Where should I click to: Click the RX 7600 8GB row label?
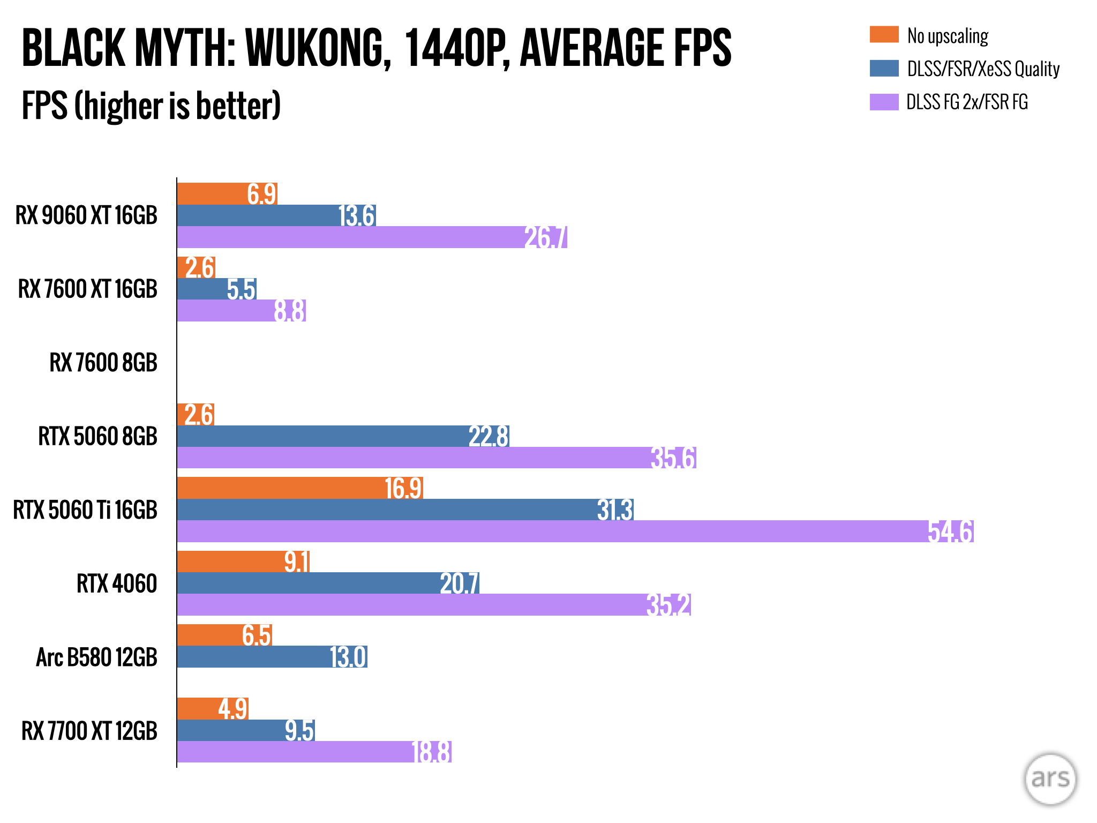pos(103,363)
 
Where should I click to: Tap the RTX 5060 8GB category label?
pos(97,436)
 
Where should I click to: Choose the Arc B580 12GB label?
pos(96,657)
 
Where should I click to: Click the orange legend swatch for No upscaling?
pos(884,34)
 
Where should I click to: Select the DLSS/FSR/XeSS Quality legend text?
pos(983,69)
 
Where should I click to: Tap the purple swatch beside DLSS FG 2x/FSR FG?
pos(884,102)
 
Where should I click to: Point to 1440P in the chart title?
pos(455,48)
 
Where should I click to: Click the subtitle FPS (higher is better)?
pos(151,106)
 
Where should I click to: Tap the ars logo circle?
pos(1050,779)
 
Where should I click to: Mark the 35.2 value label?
pos(668,605)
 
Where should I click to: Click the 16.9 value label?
pos(403,488)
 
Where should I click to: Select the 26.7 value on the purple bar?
pos(545,237)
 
